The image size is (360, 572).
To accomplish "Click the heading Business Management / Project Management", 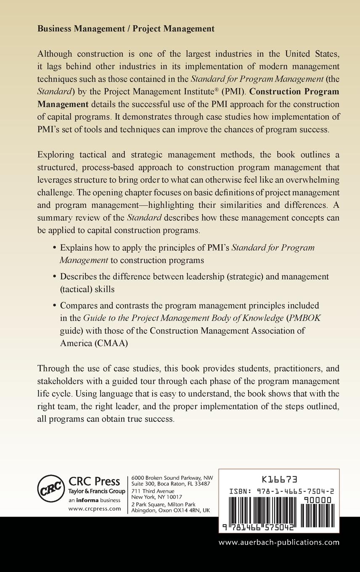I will (126, 29).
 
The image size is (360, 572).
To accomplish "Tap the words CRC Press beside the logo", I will (94, 481).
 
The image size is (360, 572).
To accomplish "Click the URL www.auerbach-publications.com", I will (279, 542).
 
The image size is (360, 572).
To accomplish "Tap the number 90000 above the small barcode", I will (317, 500).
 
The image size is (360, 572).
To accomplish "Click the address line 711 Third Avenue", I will (153, 491).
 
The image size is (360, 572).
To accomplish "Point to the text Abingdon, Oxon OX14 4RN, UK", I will (170, 510).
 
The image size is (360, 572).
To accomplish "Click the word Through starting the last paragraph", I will (53, 369).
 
